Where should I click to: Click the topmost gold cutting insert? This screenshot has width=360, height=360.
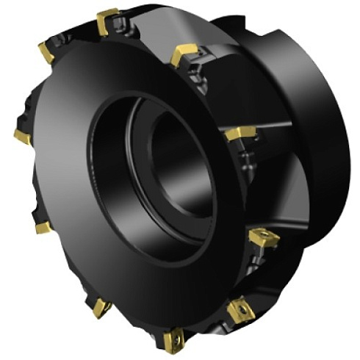[x=108, y=20]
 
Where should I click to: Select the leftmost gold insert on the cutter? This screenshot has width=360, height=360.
[x=22, y=137]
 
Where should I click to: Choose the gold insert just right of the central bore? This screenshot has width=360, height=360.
[x=240, y=133]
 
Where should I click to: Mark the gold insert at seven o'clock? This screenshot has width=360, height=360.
[x=101, y=309]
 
